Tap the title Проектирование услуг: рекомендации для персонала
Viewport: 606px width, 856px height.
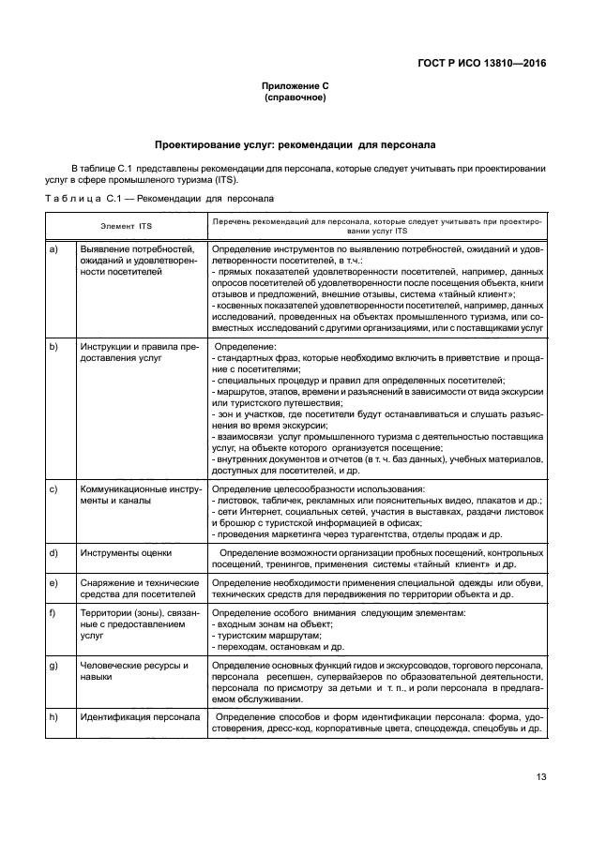(x=295, y=145)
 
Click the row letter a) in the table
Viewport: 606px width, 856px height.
(x=53, y=248)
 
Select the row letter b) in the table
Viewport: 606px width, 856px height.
(x=53, y=346)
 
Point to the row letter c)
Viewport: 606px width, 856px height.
(x=53, y=489)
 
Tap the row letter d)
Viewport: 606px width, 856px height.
(x=53, y=553)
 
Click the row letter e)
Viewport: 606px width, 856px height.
(x=53, y=584)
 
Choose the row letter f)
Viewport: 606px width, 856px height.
(x=53, y=613)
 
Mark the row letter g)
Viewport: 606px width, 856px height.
(x=53, y=665)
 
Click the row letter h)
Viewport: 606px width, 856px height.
(x=53, y=717)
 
